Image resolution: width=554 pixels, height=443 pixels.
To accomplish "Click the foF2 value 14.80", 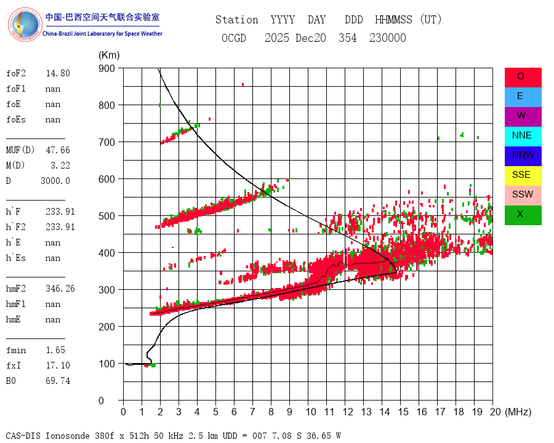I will pyautogui.click(x=58, y=73).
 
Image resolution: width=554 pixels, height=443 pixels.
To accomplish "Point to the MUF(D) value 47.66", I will pyautogui.click(x=58, y=150).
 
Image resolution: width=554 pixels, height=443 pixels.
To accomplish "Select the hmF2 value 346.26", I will pyautogui.click(x=60, y=289).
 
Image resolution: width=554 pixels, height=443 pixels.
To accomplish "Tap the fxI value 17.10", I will pyautogui.click(x=58, y=365).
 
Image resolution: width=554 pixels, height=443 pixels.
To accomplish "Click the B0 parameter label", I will pyautogui.click(x=12, y=381).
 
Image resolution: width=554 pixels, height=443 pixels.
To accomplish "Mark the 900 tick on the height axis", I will pyautogui.click(x=106, y=68).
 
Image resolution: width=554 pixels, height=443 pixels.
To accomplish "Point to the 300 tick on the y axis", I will pyautogui.click(x=106, y=290).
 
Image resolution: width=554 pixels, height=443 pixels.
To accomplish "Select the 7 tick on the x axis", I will pyautogui.click(x=252, y=412).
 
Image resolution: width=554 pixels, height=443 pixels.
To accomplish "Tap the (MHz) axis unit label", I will pyautogui.click(x=518, y=412).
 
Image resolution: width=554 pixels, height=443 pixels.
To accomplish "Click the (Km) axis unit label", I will pyautogui.click(x=109, y=55).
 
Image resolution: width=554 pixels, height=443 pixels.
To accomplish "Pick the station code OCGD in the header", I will pyautogui.click(x=233, y=38).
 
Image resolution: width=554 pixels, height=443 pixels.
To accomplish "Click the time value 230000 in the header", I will pyautogui.click(x=388, y=38).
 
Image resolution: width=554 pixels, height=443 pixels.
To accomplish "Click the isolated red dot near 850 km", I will pyautogui.click(x=243, y=84).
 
